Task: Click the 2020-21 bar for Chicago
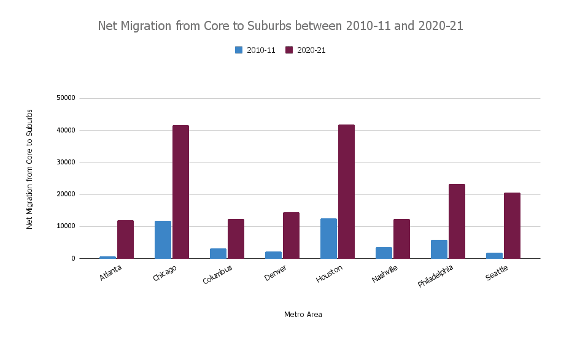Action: [180, 192]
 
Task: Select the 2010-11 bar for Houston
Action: [328, 239]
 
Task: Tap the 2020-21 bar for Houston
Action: [346, 191]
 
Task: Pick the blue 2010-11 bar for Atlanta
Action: [107, 257]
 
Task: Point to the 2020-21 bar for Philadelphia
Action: [457, 221]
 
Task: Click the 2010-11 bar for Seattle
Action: [494, 255]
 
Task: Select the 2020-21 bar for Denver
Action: [291, 236]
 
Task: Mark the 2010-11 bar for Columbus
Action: [218, 253]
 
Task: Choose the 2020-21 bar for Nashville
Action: [401, 239]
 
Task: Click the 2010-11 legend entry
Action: [255, 50]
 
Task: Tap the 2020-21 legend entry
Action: [305, 50]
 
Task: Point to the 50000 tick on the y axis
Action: [65, 98]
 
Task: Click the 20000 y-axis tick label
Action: [65, 194]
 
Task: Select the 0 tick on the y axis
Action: [72, 258]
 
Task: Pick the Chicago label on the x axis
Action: [164, 274]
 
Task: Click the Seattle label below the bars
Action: [497, 273]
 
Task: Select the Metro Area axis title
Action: [303, 315]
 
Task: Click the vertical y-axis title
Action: [29, 169]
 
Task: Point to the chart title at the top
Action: [280, 26]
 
